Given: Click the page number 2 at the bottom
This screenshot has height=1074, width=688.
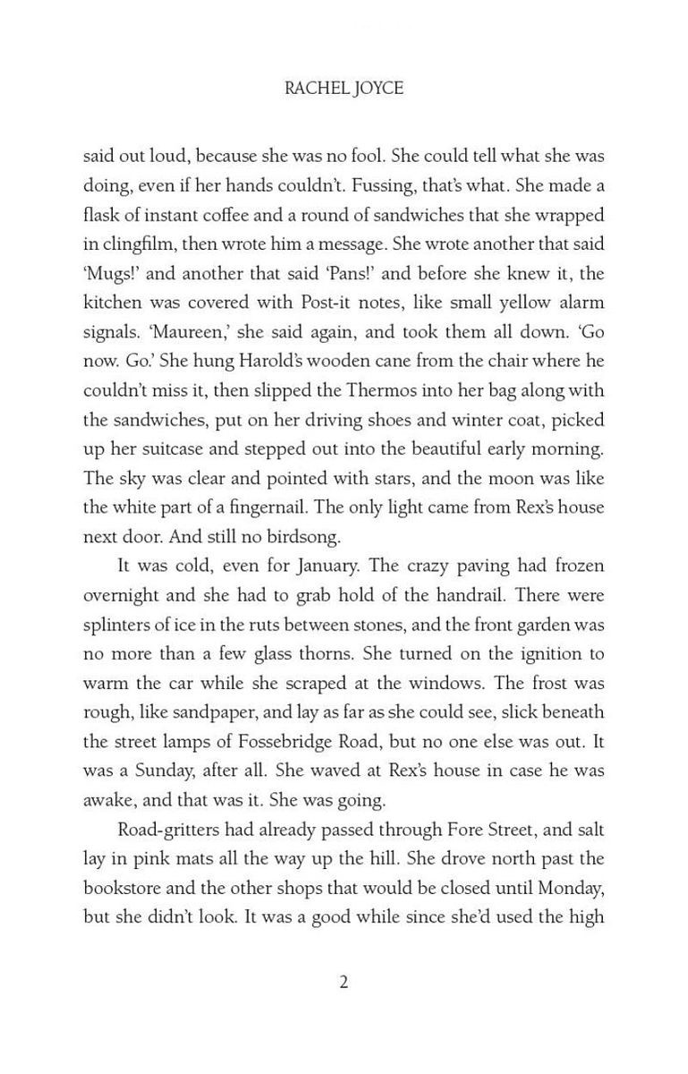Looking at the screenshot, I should pyautogui.click(x=344, y=982).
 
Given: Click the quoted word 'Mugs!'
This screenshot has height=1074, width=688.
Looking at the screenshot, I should pyautogui.click(x=108, y=273).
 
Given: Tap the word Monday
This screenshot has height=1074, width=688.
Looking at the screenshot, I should pyautogui.click(x=572, y=888).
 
